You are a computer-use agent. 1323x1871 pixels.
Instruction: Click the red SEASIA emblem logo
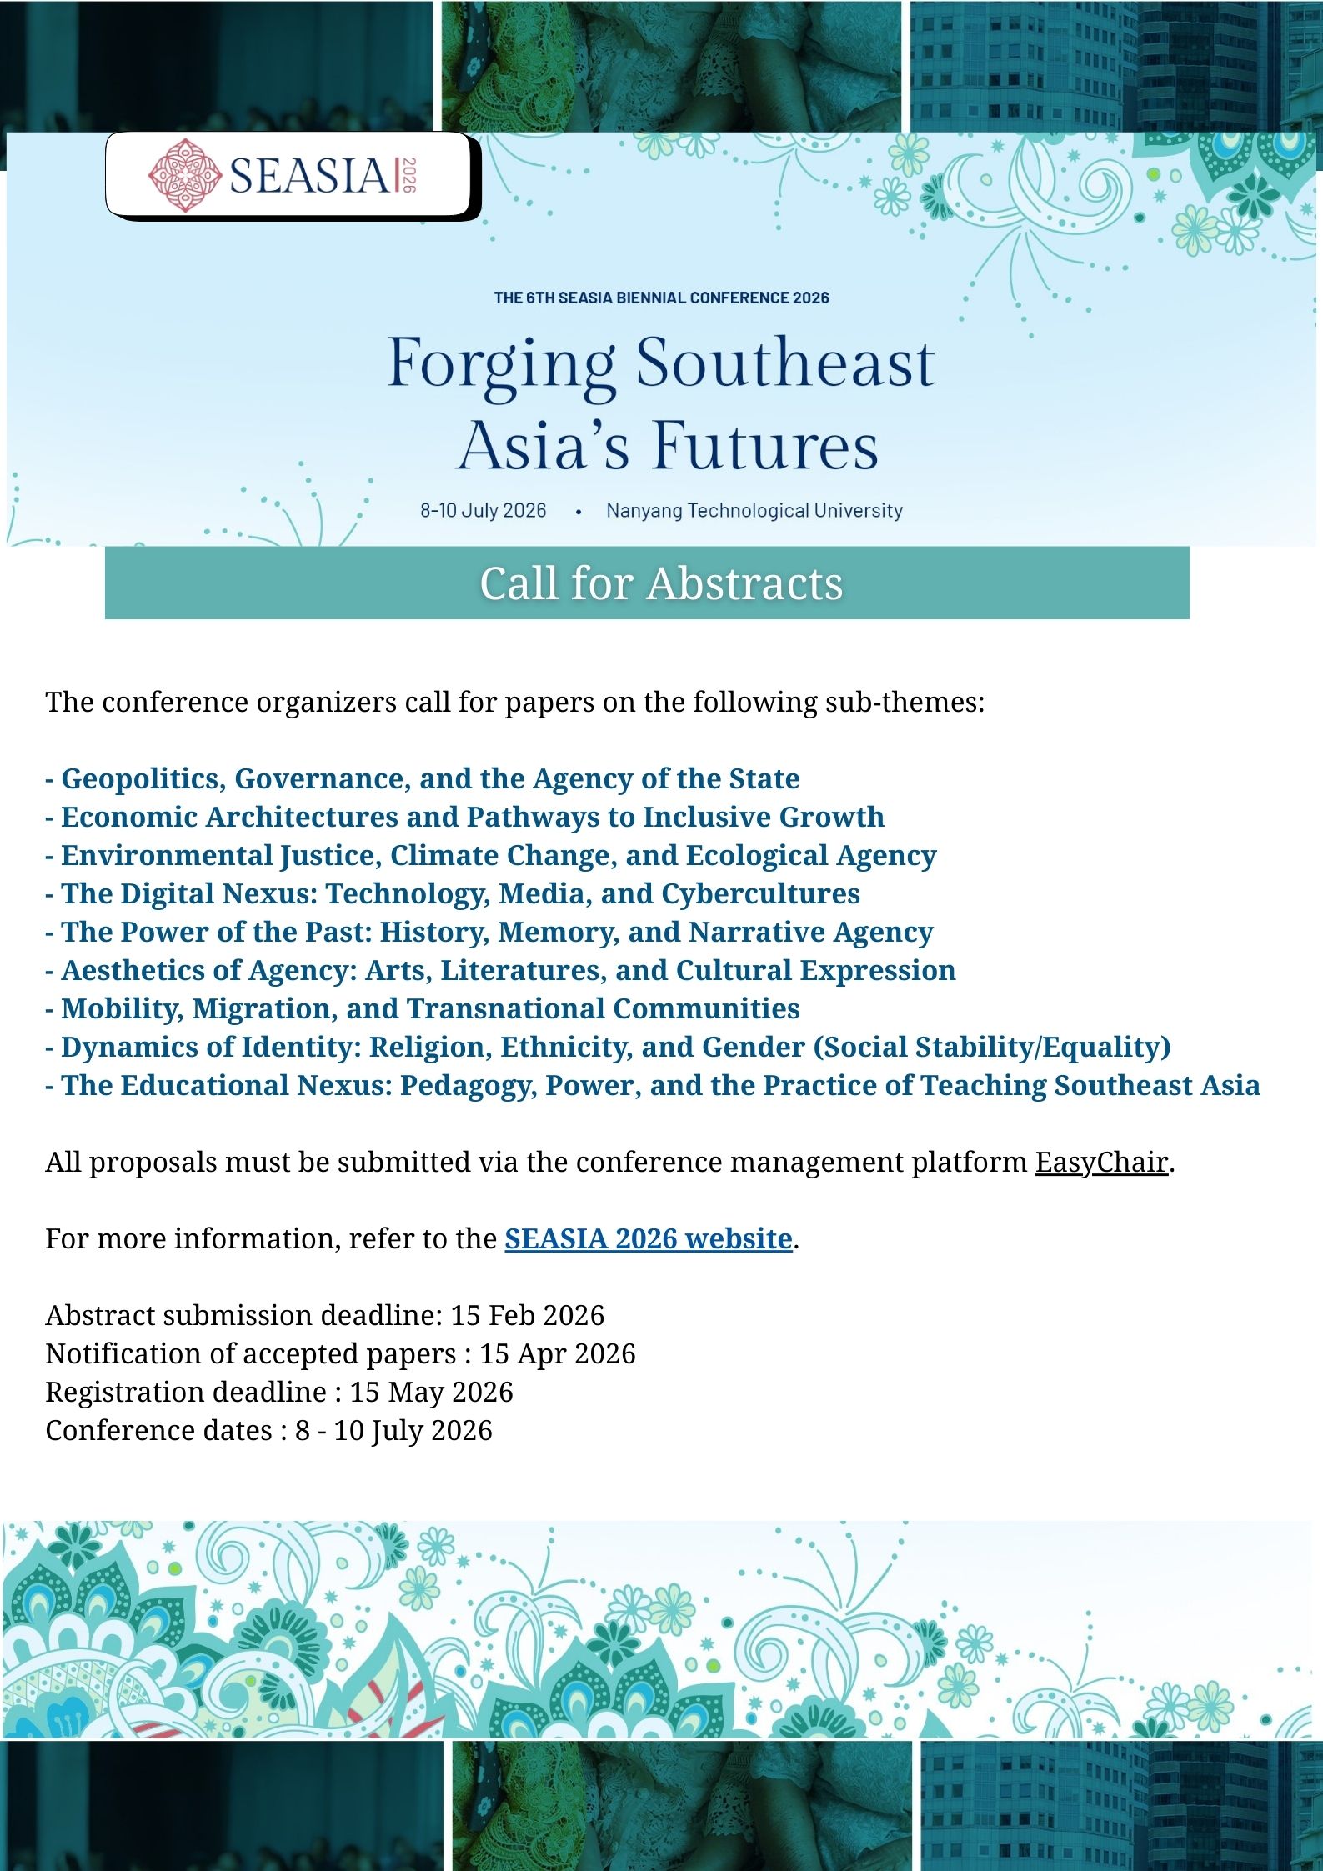184,175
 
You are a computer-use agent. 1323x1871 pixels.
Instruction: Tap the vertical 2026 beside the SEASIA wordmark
408,175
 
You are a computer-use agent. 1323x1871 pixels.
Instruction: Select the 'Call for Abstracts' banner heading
661,583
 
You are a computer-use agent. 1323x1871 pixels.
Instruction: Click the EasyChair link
1100,1162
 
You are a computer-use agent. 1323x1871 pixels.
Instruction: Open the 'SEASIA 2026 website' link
648,1238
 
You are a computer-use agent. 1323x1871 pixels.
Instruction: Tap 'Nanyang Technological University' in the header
754,510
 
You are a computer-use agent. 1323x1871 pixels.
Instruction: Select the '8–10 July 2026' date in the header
483,510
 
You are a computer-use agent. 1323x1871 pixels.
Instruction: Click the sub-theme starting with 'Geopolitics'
422,778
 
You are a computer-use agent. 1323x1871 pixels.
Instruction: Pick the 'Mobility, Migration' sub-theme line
422,1008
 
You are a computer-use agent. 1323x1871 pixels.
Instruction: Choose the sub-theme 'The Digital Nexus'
452,893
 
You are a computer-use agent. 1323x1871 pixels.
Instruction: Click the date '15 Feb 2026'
527,1315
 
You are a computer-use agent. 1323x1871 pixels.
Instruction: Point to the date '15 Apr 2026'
557,1353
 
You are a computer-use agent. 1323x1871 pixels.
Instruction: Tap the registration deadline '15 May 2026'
431,1392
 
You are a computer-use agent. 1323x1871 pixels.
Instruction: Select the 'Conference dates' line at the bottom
268,1430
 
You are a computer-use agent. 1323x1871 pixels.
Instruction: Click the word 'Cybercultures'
760,893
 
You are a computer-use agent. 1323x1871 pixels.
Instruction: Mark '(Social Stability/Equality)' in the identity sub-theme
992,1047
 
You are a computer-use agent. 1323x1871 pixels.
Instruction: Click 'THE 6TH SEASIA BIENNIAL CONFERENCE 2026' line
661,298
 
